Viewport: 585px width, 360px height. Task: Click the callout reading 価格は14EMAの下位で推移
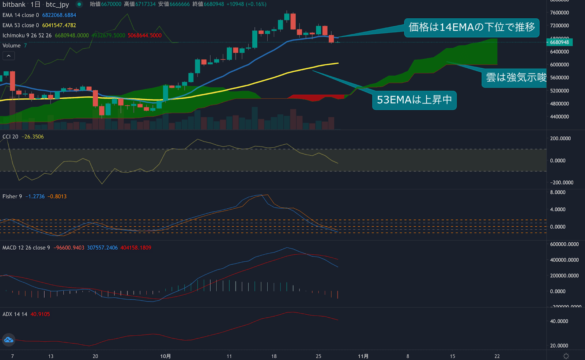coord(471,27)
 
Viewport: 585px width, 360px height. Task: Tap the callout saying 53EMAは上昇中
coord(414,100)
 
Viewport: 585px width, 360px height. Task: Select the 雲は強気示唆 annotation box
coord(516,77)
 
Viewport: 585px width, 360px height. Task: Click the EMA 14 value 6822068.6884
coord(59,15)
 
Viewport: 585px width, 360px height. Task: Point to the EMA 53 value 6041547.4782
coord(59,25)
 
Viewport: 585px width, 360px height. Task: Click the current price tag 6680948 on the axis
coord(559,42)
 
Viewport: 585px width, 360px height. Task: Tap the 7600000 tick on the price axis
coord(559,13)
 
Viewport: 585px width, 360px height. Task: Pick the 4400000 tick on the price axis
coord(559,117)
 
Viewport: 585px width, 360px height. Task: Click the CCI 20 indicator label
coord(10,137)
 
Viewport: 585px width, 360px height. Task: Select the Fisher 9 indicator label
coord(12,197)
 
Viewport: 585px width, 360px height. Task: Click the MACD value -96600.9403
coord(69,248)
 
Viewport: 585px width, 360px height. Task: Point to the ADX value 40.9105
coord(40,314)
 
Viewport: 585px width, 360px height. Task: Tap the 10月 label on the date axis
coord(165,356)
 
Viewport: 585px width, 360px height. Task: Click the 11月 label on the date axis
coord(363,356)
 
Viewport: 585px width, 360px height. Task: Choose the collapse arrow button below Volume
coord(9,56)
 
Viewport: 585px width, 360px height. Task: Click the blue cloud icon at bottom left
coord(9,340)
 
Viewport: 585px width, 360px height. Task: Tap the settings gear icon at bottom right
coord(566,356)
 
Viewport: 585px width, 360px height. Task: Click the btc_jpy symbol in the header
coord(57,4)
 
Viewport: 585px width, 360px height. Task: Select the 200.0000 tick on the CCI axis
coord(560,139)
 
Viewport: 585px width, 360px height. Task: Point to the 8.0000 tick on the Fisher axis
coord(558,192)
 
